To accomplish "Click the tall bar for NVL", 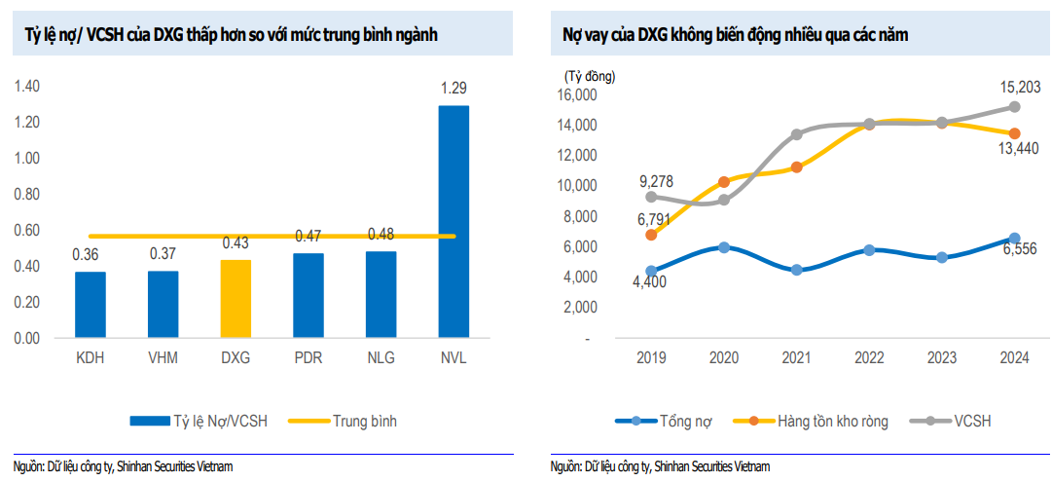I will [453, 222].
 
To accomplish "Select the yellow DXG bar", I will [236, 299].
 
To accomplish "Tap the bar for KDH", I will [90, 305].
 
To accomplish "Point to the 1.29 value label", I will [453, 88].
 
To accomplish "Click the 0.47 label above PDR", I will [308, 236].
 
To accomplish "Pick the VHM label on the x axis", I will [163, 357].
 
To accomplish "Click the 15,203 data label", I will [1021, 88].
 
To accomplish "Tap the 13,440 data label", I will [1021, 148].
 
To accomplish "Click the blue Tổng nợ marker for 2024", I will [1014, 239].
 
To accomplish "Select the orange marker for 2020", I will [724, 182].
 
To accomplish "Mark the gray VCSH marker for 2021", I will [797, 134].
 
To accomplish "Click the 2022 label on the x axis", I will [869, 357].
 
